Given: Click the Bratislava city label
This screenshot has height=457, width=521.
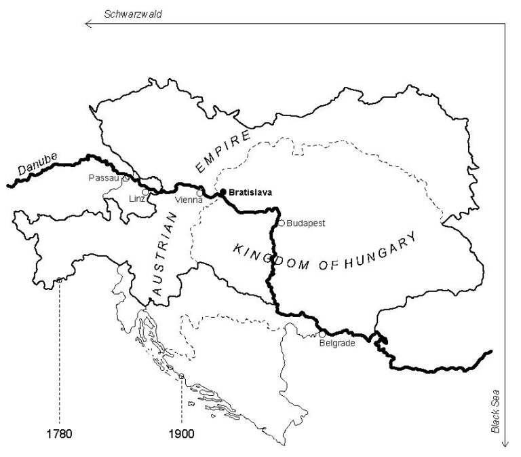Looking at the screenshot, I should click(x=250, y=192).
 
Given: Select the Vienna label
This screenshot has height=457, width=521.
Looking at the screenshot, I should click(x=188, y=200).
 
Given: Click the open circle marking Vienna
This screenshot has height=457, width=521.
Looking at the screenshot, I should click(x=199, y=193).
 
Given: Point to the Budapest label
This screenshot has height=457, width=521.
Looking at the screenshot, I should click(x=306, y=223).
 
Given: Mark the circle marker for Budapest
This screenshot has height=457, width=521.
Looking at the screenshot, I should click(x=281, y=223).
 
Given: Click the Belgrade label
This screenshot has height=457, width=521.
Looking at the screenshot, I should click(x=337, y=344).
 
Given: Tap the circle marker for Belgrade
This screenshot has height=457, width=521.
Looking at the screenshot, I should click(x=322, y=334).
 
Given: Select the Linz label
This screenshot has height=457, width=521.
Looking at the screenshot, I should click(x=136, y=198).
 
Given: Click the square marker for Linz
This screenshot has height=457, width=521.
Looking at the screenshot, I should click(x=145, y=192).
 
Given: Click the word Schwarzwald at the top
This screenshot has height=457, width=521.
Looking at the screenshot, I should click(x=133, y=14).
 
